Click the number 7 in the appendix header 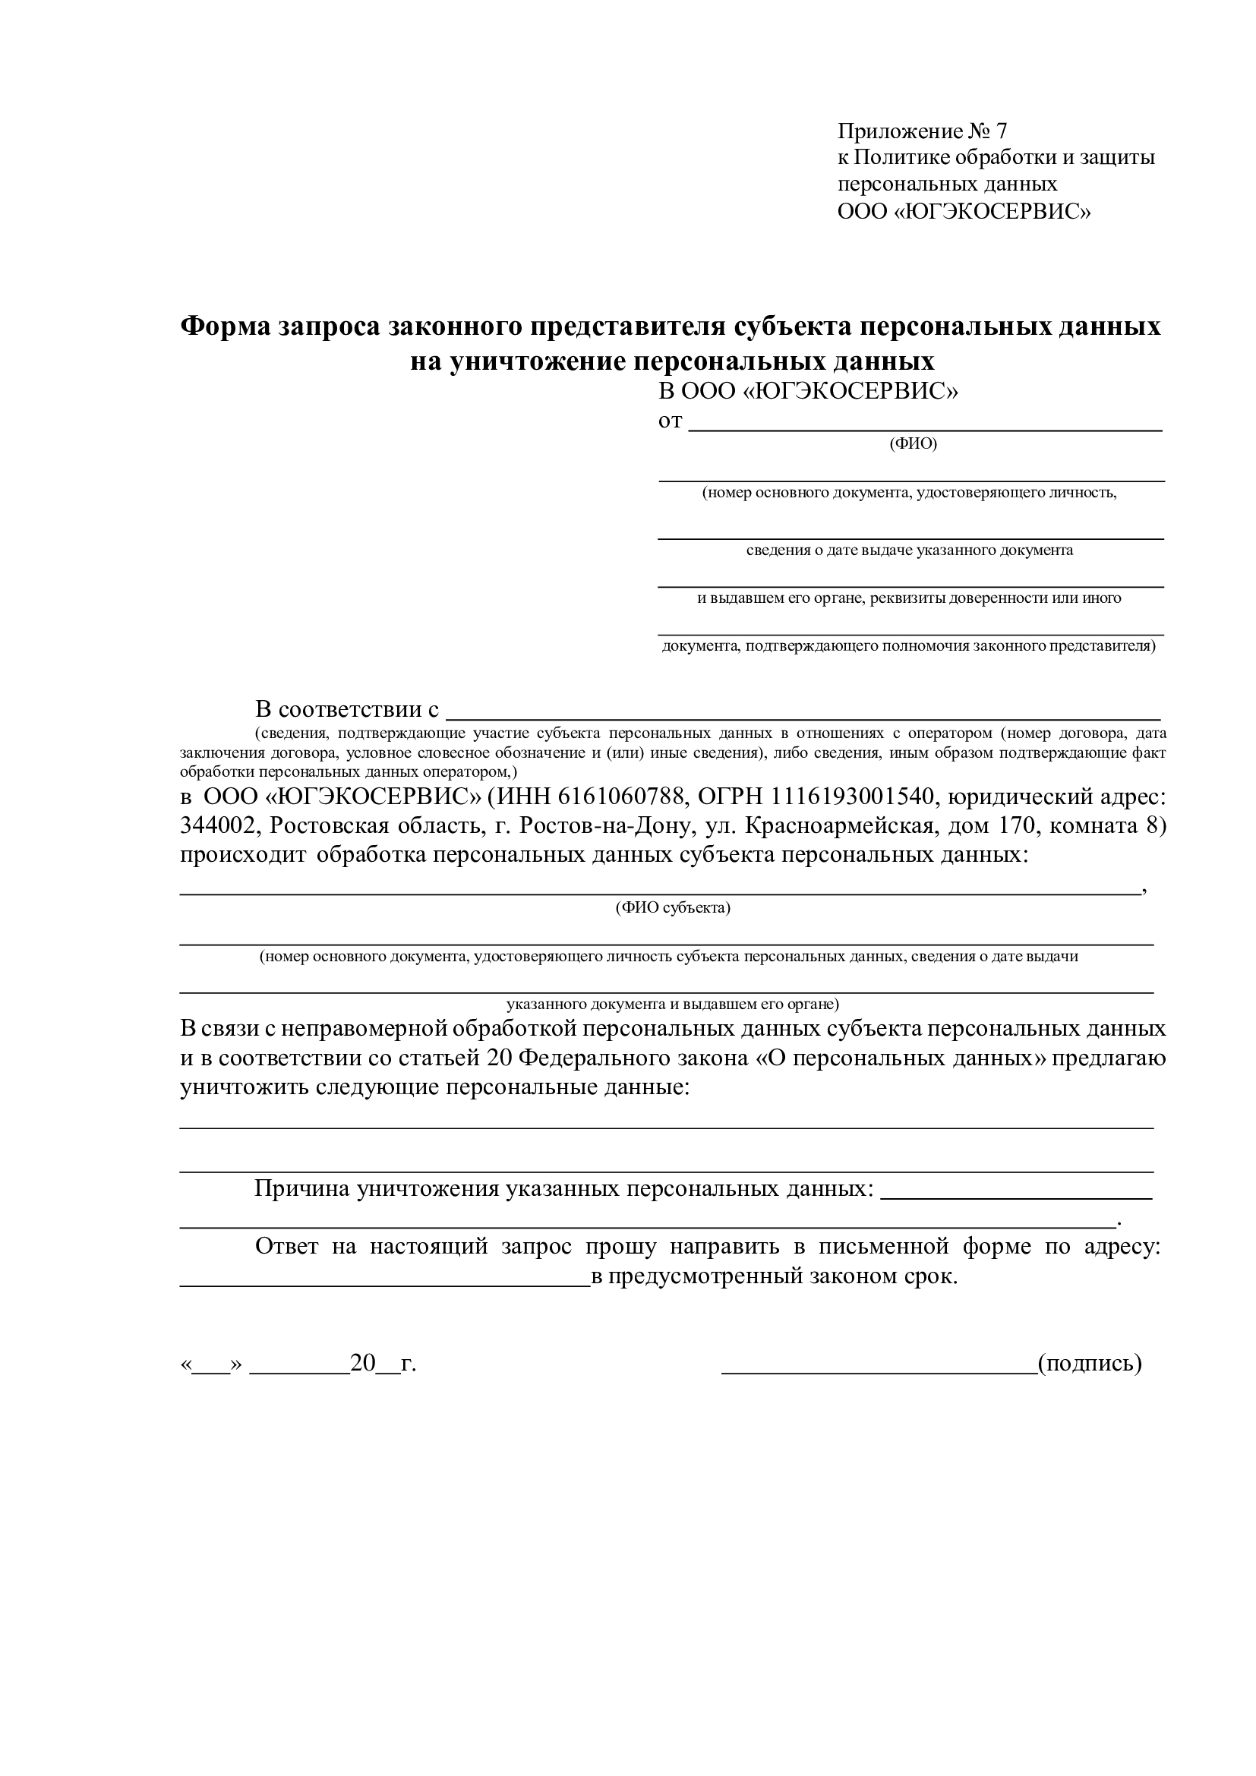tap(1002, 131)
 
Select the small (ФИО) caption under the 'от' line tap(913, 444)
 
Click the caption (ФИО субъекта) tap(673, 908)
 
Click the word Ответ tap(286, 1247)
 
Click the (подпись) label tap(1090, 1363)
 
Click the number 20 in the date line tap(362, 1363)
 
